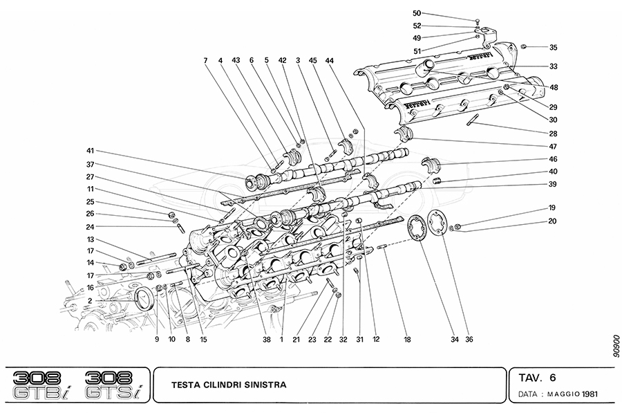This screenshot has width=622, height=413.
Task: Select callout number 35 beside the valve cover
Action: point(553,48)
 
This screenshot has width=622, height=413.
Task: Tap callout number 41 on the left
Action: point(90,151)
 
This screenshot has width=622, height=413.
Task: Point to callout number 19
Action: point(553,208)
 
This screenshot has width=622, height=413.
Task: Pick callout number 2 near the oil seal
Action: point(90,300)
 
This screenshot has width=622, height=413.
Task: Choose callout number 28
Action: point(553,133)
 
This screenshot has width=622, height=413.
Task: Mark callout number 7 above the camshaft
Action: point(205,61)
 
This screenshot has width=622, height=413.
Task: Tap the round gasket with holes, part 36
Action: point(436,223)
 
